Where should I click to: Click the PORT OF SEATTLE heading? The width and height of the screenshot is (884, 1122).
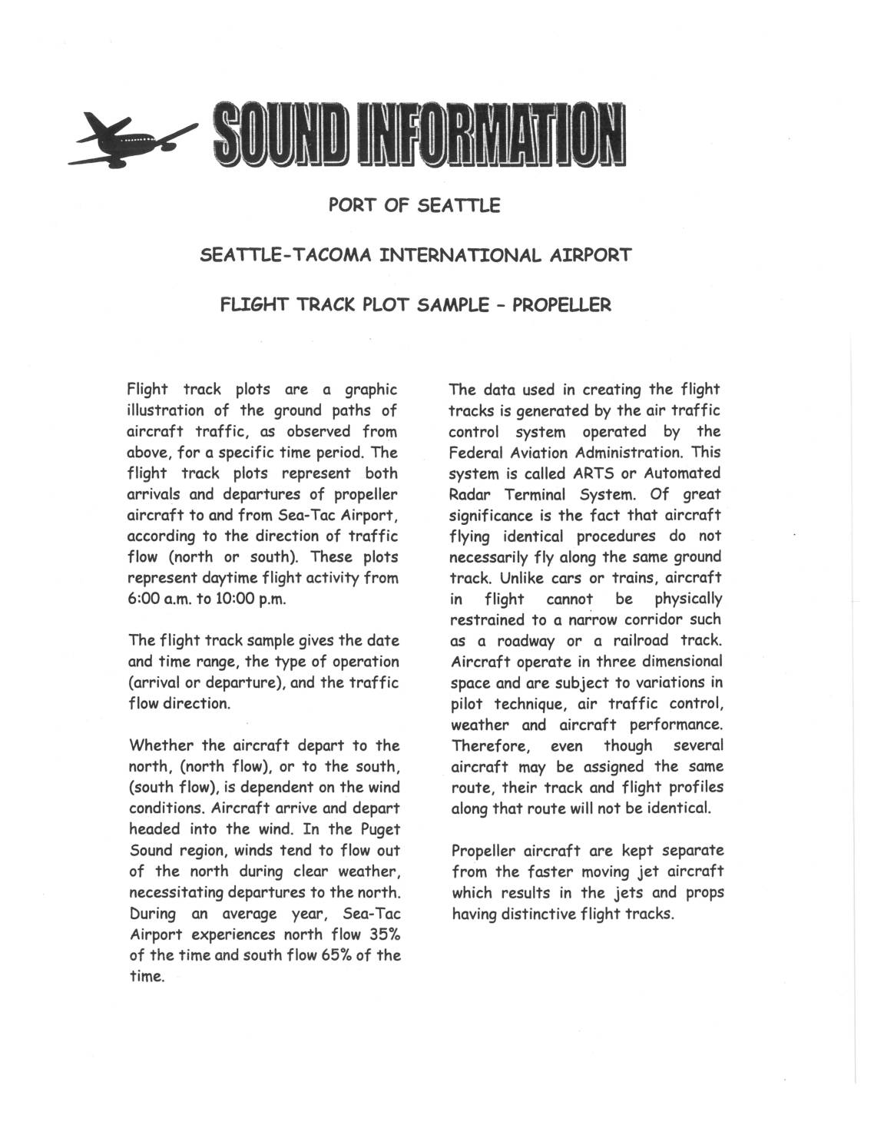(414, 205)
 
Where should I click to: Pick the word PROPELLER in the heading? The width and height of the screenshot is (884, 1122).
(561, 305)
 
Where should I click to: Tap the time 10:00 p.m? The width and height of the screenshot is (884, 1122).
(250, 599)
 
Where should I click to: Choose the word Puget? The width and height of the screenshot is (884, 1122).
(379, 829)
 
